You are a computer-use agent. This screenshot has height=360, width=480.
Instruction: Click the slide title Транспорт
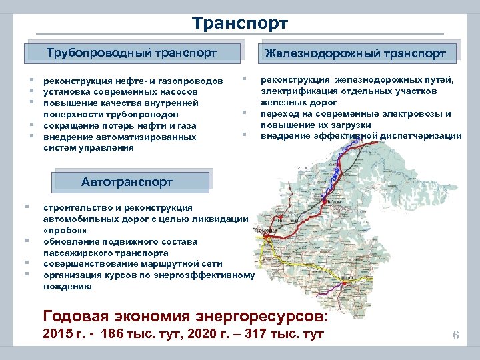[x=239, y=24]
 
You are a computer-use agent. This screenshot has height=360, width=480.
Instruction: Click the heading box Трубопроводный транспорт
[x=131, y=53]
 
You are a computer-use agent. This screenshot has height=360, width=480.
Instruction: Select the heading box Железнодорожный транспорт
[x=355, y=53]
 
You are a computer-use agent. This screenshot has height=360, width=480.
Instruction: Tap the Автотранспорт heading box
[x=127, y=182]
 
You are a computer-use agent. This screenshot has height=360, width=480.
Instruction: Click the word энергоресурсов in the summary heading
[x=259, y=315]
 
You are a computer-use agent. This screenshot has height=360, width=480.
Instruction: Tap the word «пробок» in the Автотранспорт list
[x=65, y=230]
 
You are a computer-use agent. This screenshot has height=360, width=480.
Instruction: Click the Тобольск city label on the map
[x=335, y=199]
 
